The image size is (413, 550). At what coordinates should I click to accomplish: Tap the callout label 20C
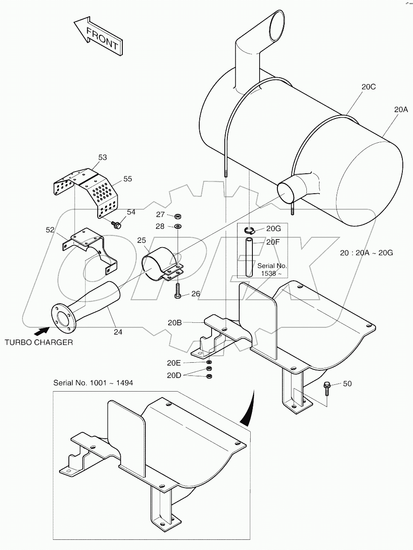[x=368, y=87]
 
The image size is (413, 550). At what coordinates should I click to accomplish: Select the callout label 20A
[x=400, y=110]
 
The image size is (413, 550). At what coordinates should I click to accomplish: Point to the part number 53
[x=102, y=157]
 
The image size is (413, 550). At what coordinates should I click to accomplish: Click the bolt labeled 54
[x=116, y=224]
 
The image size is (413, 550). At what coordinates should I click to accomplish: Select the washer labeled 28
[x=178, y=226]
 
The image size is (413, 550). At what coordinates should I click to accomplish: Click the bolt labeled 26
[x=178, y=291]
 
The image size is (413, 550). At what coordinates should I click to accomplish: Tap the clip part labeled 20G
[x=250, y=231]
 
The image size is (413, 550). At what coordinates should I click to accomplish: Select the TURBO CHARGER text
[x=39, y=342]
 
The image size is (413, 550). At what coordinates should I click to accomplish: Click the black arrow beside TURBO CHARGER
[x=41, y=329]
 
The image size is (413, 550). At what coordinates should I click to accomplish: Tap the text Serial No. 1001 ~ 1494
[x=93, y=383]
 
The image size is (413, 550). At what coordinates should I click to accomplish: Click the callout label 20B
[x=175, y=323]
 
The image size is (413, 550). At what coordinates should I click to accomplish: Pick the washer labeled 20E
[x=209, y=362]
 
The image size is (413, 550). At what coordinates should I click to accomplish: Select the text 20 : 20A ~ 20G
[x=366, y=253]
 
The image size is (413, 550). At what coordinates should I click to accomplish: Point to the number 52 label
[x=50, y=230]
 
